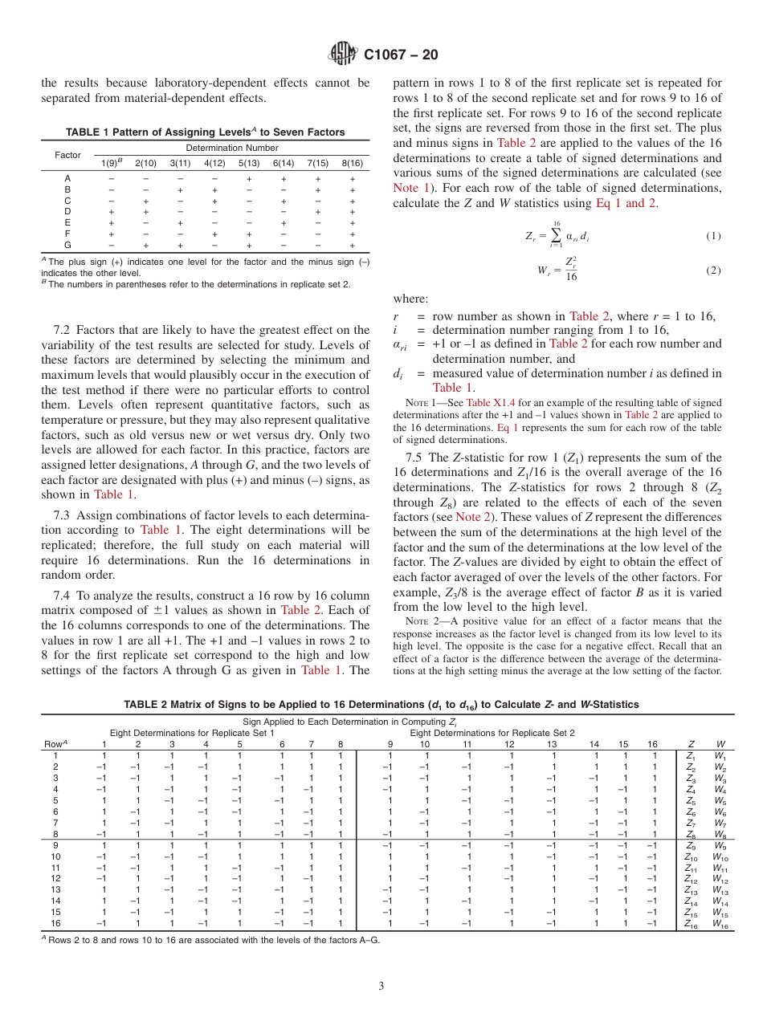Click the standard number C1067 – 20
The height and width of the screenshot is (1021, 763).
point(401,55)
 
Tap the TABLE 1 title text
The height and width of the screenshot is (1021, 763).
point(205,132)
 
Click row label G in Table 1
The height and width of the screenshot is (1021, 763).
point(67,245)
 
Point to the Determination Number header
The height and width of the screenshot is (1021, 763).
point(231,148)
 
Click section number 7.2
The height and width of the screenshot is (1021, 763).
point(63,330)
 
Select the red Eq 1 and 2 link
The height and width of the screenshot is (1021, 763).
point(626,203)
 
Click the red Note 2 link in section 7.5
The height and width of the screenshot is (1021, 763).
point(475,518)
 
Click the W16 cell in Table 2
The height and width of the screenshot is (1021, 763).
point(723,925)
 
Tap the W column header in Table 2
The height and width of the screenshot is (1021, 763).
point(721,743)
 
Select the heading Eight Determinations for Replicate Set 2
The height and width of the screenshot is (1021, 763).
point(492,733)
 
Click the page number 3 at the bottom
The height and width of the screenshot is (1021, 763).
point(381,986)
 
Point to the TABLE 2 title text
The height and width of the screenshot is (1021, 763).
point(381,705)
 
